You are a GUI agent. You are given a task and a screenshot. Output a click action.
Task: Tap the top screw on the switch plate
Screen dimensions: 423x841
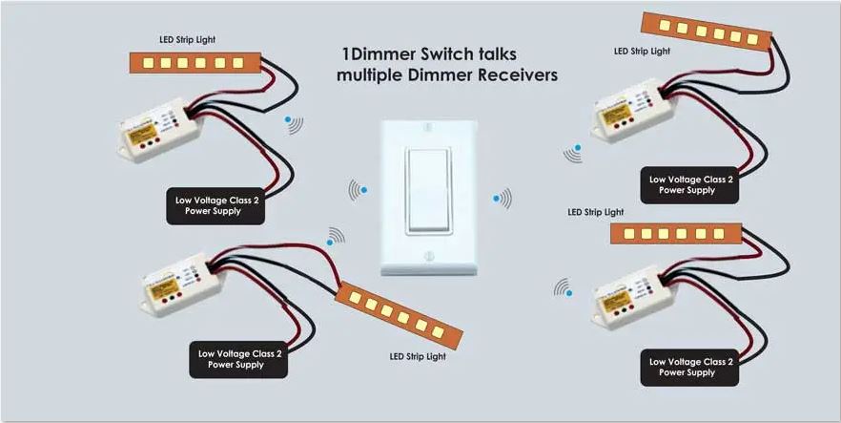coord(427,124)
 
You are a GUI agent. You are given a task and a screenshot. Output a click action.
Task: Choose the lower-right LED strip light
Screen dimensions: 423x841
coord(673,233)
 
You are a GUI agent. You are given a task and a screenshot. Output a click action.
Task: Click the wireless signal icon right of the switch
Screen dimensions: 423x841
coord(502,199)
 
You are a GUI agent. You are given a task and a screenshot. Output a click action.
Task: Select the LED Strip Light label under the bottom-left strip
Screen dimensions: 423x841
coord(417,357)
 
